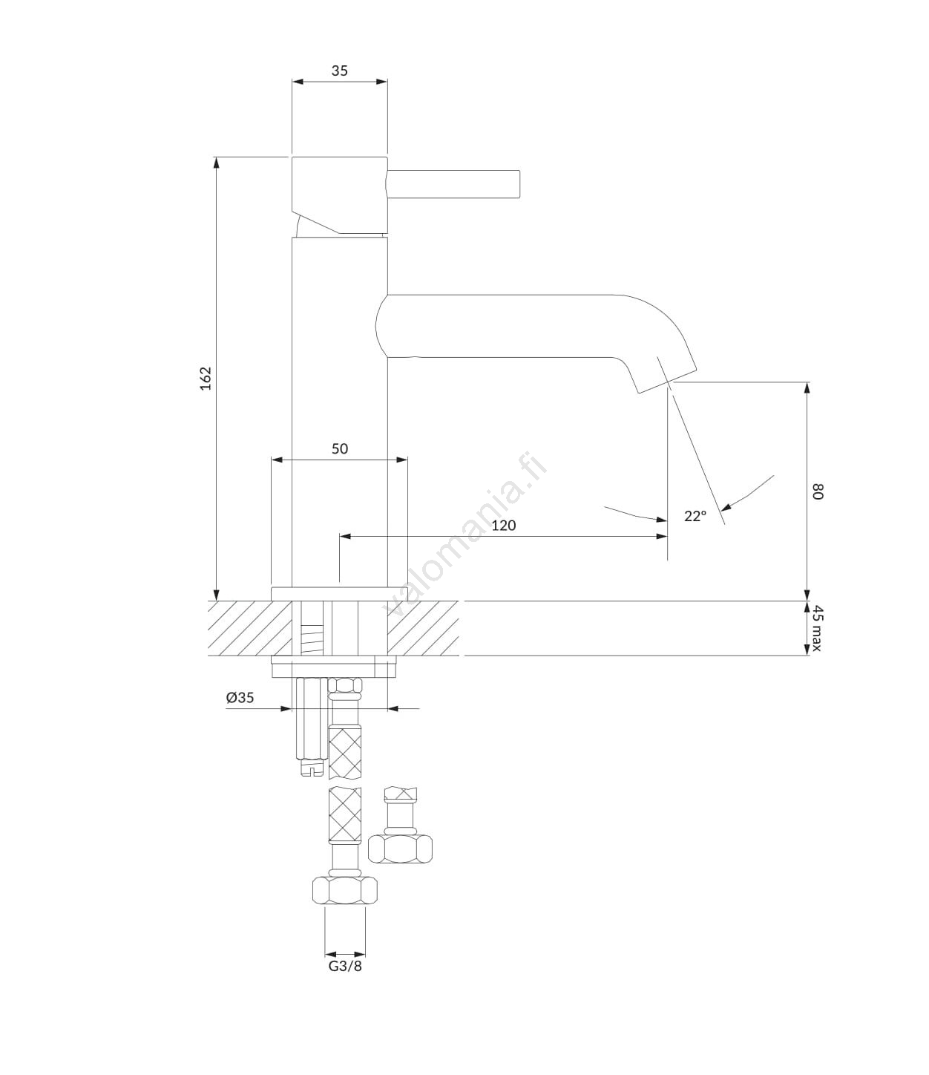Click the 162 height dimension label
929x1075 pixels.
click(x=206, y=378)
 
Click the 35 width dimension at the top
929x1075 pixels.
click(x=339, y=71)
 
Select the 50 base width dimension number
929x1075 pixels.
click(x=339, y=449)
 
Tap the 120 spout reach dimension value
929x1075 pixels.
click(x=503, y=526)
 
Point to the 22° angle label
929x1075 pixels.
click(x=695, y=516)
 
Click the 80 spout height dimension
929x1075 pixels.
click(x=817, y=491)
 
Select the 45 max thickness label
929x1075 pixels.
click(x=817, y=628)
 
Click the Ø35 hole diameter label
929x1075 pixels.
click(x=240, y=698)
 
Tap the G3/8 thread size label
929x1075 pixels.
click(x=345, y=966)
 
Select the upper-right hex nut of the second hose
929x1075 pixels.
click(x=401, y=849)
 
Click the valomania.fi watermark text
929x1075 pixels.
click(x=465, y=534)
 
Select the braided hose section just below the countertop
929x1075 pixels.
click(x=344, y=751)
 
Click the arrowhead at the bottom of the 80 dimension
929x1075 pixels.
click(x=807, y=594)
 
